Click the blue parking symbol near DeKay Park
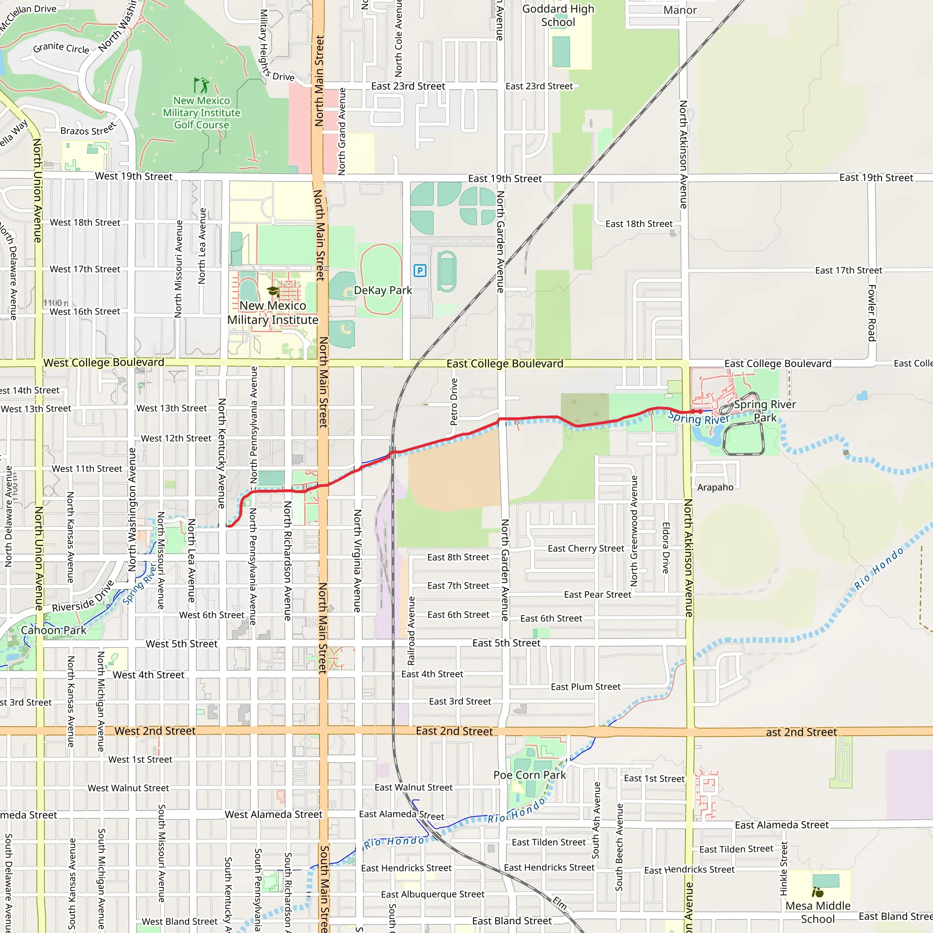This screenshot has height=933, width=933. (x=420, y=271)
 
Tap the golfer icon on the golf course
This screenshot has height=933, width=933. (x=201, y=85)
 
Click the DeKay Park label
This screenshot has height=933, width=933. (x=383, y=290)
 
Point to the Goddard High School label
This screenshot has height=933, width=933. (x=558, y=15)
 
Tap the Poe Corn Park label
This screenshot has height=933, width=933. (x=529, y=775)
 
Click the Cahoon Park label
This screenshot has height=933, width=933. (x=54, y=630)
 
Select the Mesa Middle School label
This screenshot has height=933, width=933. (x=818, y=912)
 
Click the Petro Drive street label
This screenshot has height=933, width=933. (x=454, y=402)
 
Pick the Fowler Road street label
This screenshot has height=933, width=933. (x=872, y=313)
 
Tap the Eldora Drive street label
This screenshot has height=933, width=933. (x=666, y=548)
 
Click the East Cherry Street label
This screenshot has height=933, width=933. (x=585, y=549)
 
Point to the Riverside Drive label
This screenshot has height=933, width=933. (x=83, y=596)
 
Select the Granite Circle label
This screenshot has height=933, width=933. (x=61, y=48)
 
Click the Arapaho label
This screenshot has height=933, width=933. (x=715, y=487)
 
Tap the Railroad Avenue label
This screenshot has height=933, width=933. (x=411, y=631)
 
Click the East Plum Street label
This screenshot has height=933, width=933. (x=585, y=687)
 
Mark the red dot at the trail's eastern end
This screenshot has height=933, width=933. (x=700, y=411)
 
